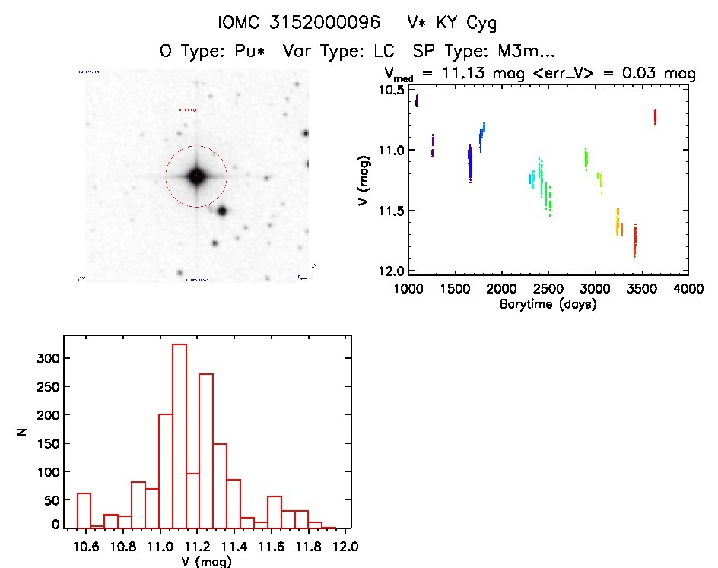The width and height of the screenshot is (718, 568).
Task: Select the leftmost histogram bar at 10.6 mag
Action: click(x=84, y=509)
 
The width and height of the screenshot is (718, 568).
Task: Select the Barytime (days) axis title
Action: click(x=548, y=304)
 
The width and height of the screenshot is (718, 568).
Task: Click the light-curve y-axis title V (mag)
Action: click(x=367, y=179)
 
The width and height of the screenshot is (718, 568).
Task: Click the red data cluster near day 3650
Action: click(x=655, y=116)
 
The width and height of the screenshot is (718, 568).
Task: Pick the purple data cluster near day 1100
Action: click(x=417, y=100)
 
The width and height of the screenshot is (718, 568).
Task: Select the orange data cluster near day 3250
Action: click(x=618, y=223)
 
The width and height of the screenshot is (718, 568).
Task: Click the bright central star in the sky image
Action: click(x=196, y=176)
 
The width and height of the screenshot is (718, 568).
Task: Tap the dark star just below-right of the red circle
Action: click(x=222, y=211)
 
